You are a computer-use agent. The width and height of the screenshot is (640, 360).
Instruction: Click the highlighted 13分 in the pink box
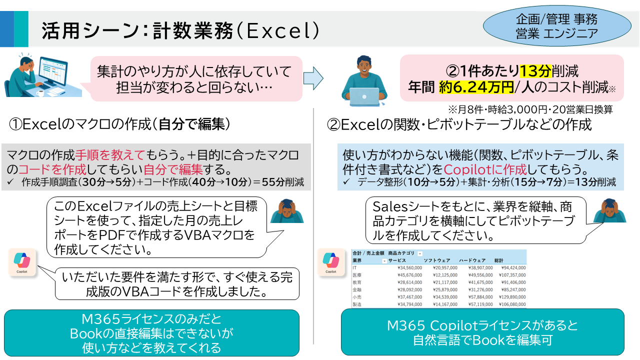tap(536, 70)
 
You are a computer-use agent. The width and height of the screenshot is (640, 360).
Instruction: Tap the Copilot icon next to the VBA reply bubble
tap(22, 262)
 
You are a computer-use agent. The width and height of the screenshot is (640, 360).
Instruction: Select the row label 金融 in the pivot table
tap(357, 289)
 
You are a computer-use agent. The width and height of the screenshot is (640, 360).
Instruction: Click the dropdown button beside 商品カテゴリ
tap(420, 253)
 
